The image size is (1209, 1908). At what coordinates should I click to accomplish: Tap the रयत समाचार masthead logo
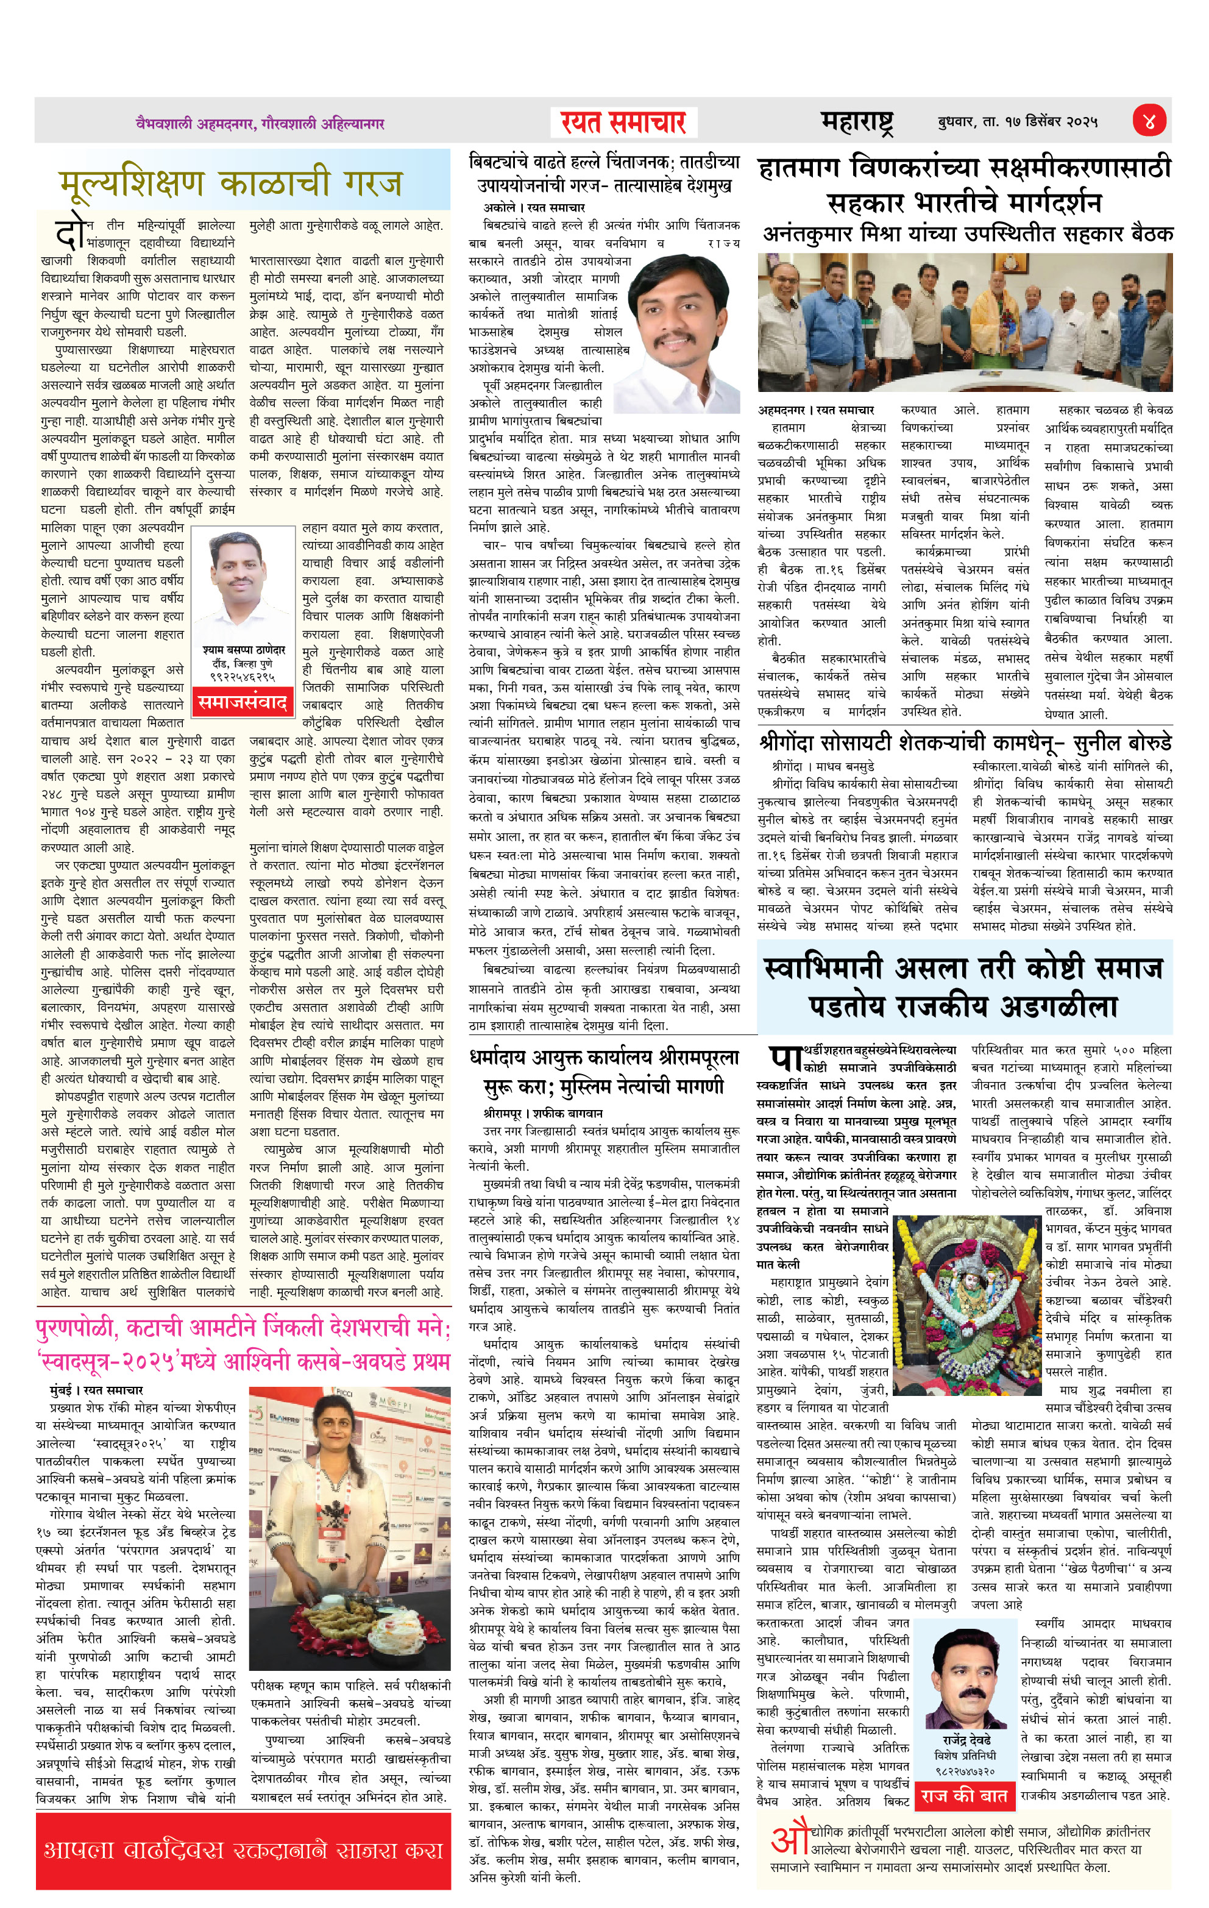[x=623, y=123]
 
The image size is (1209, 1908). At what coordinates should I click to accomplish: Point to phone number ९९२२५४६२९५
[x=243, y=677]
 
